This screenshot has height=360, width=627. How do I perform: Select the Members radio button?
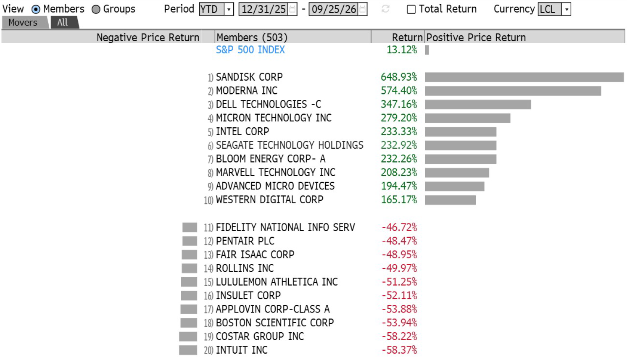tap(36, 10)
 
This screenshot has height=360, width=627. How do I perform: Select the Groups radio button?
tap(96, 10)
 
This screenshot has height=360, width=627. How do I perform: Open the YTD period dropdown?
tap(216, 9)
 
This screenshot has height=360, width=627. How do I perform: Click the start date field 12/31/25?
tap(268, 9)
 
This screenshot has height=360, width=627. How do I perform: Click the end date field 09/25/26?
tap(337, 9)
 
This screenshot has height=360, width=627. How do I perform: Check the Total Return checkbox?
tap(411, 10)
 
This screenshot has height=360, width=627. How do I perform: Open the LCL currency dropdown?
tap(554, 9)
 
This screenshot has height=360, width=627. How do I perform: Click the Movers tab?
tap(25, 22)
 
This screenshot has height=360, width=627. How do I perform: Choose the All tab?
tap(65, 22)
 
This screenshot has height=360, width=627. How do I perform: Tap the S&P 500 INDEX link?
tap(250, 50)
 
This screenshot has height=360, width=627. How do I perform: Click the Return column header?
tap(407, 37)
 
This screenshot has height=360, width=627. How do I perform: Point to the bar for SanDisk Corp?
tap(524, 77)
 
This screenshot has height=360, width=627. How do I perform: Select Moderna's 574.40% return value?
tap(399, 91)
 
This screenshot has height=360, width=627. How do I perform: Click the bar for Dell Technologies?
tap(478, 104)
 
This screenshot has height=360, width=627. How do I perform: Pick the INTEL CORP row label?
tap(242, 131)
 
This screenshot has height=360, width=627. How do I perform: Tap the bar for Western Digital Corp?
tap(450, 200)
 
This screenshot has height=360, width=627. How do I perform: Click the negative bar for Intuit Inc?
tap(188, 350)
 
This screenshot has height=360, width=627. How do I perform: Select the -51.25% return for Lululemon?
tap(399, 282)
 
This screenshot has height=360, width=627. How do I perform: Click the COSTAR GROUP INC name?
tap(260, 336)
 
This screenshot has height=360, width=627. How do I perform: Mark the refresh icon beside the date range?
tap(385, 9)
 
